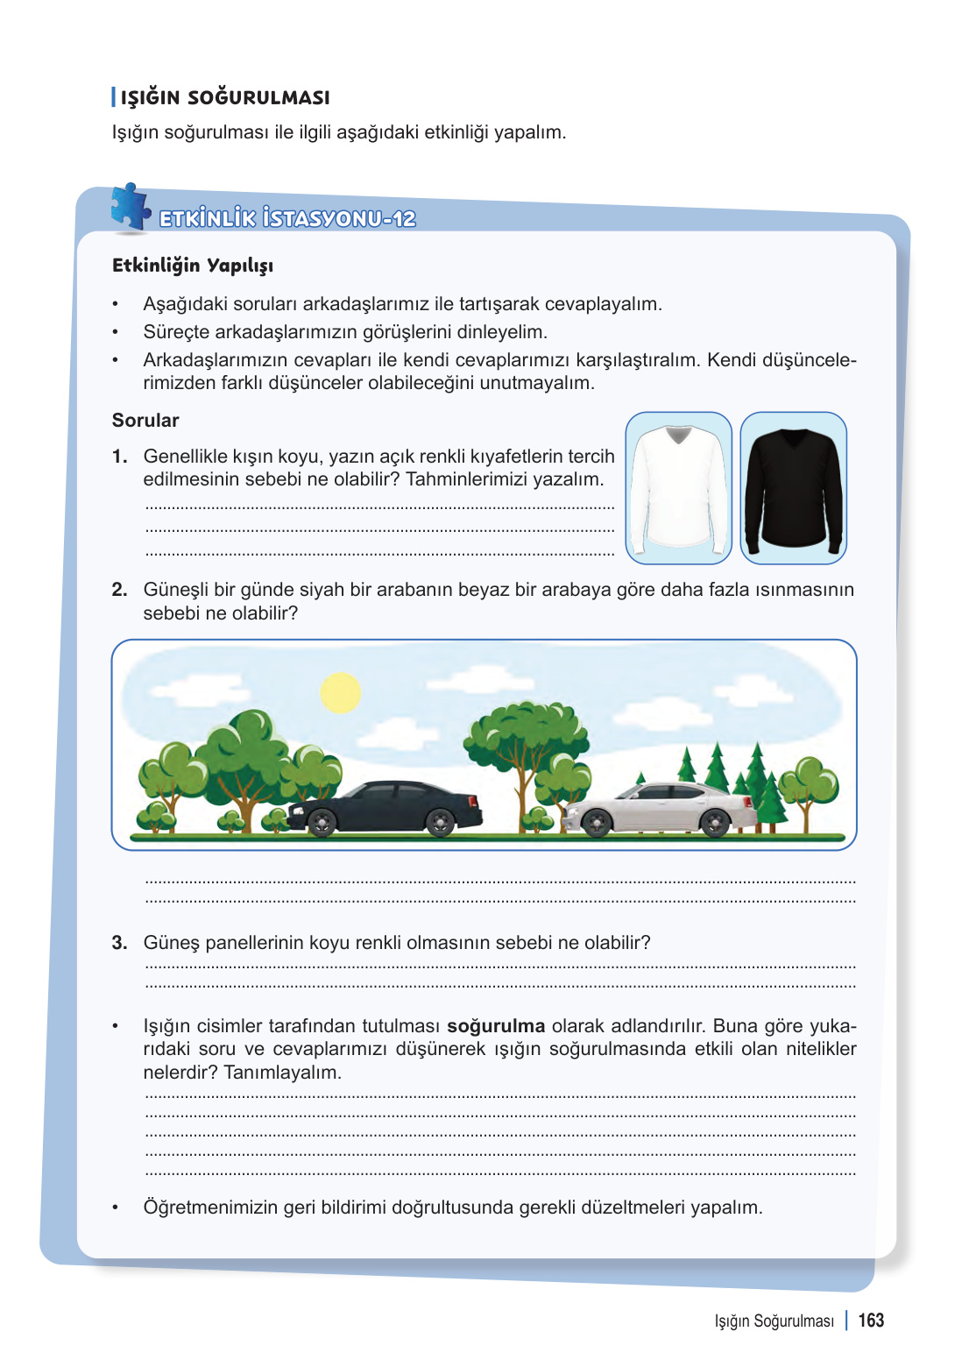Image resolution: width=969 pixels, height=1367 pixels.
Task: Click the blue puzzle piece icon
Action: (x=130, y=208)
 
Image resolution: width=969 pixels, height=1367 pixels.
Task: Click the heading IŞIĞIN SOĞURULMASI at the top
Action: (x=225, y=97)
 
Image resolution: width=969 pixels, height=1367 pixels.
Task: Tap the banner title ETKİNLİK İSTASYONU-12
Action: (x=287, y=218)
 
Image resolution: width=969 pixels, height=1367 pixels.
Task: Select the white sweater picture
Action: (x=678, y=487)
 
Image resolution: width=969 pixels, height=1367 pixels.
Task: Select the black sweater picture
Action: (x=793, y=487)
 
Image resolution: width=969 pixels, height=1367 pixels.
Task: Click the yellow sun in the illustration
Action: (x=341, y=692)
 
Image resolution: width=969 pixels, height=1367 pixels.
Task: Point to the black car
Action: (x=385, y=806)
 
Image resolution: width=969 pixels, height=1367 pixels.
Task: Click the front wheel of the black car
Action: (x=322, y=823)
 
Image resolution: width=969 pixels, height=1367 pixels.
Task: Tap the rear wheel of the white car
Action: (x=715, y=823)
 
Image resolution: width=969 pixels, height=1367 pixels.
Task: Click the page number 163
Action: (x=871, y=1321)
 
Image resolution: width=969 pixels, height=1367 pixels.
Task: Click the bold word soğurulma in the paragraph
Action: (x=496, y=1026)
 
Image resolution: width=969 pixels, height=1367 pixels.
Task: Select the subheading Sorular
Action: (x=145, y=421)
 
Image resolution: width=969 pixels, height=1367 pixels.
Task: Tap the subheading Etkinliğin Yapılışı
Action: (x=193, y=266)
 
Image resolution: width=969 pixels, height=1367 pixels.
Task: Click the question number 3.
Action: (x=119, y=943)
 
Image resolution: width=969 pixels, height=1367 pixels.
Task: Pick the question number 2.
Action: (x=119, y=590)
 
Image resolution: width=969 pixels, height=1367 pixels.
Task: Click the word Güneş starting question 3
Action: (x=172, y=943)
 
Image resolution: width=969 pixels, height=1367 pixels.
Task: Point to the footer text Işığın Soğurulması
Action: (x=774, y=1321)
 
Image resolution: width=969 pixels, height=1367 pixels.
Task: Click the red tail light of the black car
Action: (x=473, y=801)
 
